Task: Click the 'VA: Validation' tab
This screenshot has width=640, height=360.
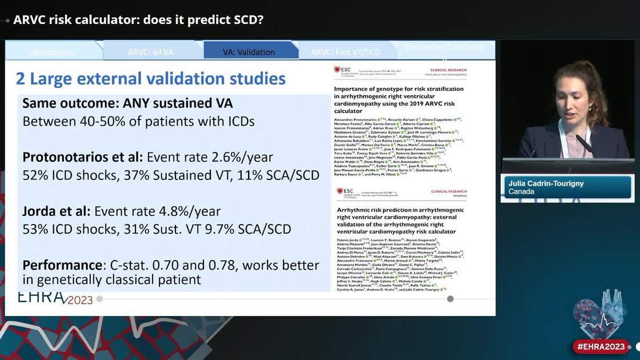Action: [x=249, y=52]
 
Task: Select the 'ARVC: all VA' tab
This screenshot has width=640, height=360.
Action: [x=150, y=52]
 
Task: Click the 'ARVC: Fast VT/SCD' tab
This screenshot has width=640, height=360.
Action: [x=345, y=52]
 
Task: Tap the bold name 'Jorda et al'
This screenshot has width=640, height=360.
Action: [x=55, y=211]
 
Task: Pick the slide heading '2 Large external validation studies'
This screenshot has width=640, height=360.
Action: [x=151, y=78]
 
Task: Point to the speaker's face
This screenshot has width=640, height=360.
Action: [x=577, y=94]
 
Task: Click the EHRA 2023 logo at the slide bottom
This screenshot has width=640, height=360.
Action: [x=55, y=298]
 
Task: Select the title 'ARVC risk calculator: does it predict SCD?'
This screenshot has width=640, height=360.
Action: [x=138, y=19]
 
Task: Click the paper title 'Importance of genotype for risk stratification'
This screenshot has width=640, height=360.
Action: [x=398, y=89]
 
